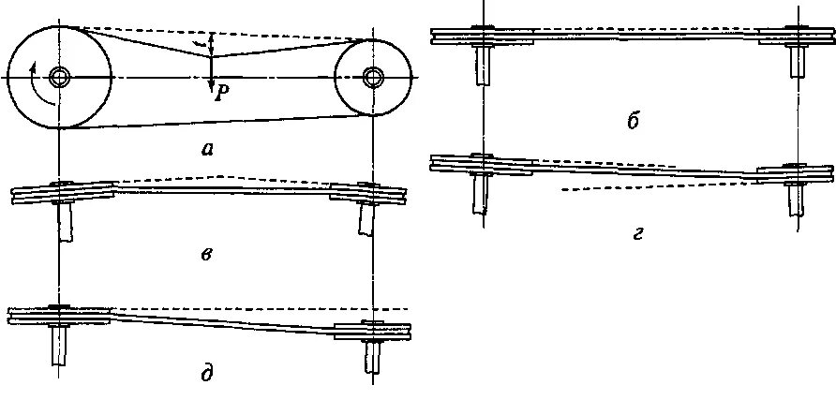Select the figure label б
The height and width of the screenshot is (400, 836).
click(x=634, y=121)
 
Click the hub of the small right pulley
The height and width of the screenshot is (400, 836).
click(x=373, y=76)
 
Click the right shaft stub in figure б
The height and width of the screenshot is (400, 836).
click(x=799, y=61)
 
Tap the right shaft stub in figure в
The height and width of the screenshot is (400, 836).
click(x=367, y=219)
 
